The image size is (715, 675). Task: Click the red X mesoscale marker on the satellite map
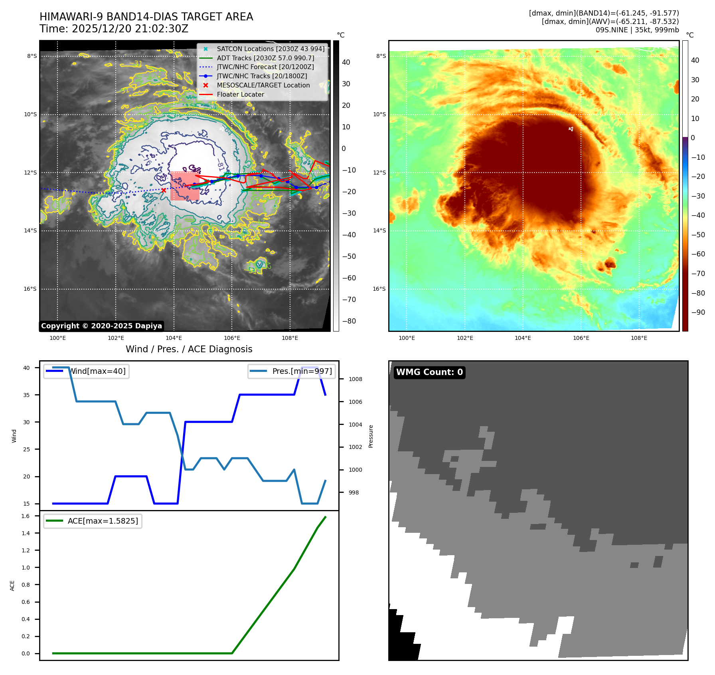[x=164, y=191]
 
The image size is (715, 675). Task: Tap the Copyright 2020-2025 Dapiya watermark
[x=101, y=326]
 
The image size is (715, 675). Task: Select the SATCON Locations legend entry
[x=271, y=49]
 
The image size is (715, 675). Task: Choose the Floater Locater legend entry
[x=240, y=95]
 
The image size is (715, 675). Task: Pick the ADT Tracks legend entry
[x=265, y=58]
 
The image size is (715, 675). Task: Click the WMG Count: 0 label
[x=429, y=372]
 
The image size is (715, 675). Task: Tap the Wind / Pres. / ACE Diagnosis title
[x=189, y=349]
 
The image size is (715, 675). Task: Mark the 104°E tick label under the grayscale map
[x=174, y=338]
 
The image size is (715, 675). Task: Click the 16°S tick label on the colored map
[x=379, y=289]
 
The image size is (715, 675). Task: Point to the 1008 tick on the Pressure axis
[x=355, y=379]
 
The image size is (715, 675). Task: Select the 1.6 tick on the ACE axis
[x=26, y=516]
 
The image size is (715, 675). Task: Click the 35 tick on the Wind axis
[x=26, y=395]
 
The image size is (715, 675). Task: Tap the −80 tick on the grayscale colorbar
[x=349, y=321]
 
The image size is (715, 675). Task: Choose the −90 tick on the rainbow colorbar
[x=698, y=312]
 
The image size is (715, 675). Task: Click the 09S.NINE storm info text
[x=637, y=30]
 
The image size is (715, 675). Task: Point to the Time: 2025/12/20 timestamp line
[x=114, y=29]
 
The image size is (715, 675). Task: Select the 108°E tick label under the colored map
[x=639, y=338]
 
